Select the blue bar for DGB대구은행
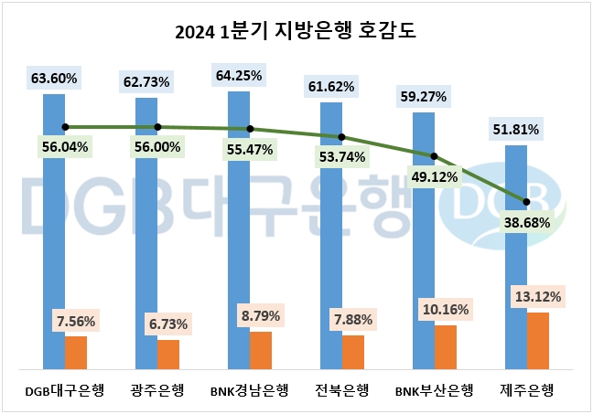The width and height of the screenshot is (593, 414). point(54,228)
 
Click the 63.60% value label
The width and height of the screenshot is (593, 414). point(54,77)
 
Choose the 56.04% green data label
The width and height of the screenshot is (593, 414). point(64,146)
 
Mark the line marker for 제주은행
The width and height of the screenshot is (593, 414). point(527,201)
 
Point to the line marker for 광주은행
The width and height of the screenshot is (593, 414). point(157,127)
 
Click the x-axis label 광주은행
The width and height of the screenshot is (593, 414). point(158,391)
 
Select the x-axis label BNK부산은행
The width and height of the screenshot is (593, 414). point(434,391)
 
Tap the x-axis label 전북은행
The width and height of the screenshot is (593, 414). point(342,391)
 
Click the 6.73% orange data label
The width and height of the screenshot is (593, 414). point(167,324)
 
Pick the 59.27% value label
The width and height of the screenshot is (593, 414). point(425,95)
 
